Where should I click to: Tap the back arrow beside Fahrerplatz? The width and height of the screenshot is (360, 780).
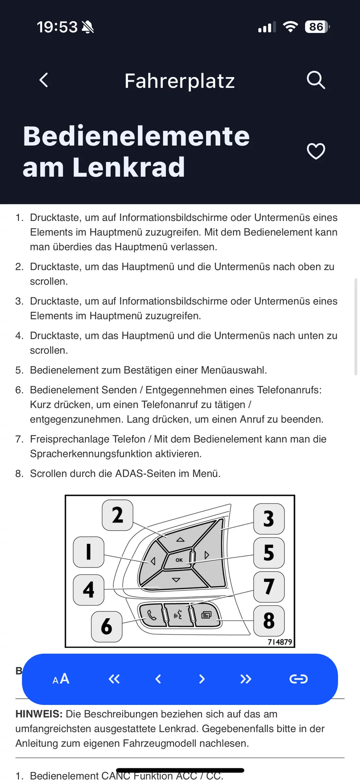[44, 80]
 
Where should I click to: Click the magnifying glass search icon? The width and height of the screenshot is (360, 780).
[316, 80]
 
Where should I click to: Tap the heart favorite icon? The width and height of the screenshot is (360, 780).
[316, 152]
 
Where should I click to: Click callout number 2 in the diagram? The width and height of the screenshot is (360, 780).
[117, 515]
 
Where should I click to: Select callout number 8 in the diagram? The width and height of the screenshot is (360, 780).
[269, 621]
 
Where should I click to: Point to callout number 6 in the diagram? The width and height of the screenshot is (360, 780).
[106, 626]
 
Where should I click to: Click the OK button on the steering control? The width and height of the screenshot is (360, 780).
[179, 560]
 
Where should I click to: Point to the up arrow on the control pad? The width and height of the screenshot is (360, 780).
[180, 539]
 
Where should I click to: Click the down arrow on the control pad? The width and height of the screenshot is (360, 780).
[176, 580]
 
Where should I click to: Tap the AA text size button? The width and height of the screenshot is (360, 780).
[61, 679]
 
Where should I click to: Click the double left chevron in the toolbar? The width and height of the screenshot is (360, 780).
[114, 679]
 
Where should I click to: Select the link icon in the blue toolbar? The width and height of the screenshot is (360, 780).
[298, 679]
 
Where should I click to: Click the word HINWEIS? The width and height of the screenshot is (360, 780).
[39, 714]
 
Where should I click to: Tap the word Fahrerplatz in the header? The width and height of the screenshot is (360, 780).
[180, 81]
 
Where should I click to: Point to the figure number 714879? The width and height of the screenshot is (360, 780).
[280, 642]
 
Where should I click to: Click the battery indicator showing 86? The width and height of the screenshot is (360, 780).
[317, 27]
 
